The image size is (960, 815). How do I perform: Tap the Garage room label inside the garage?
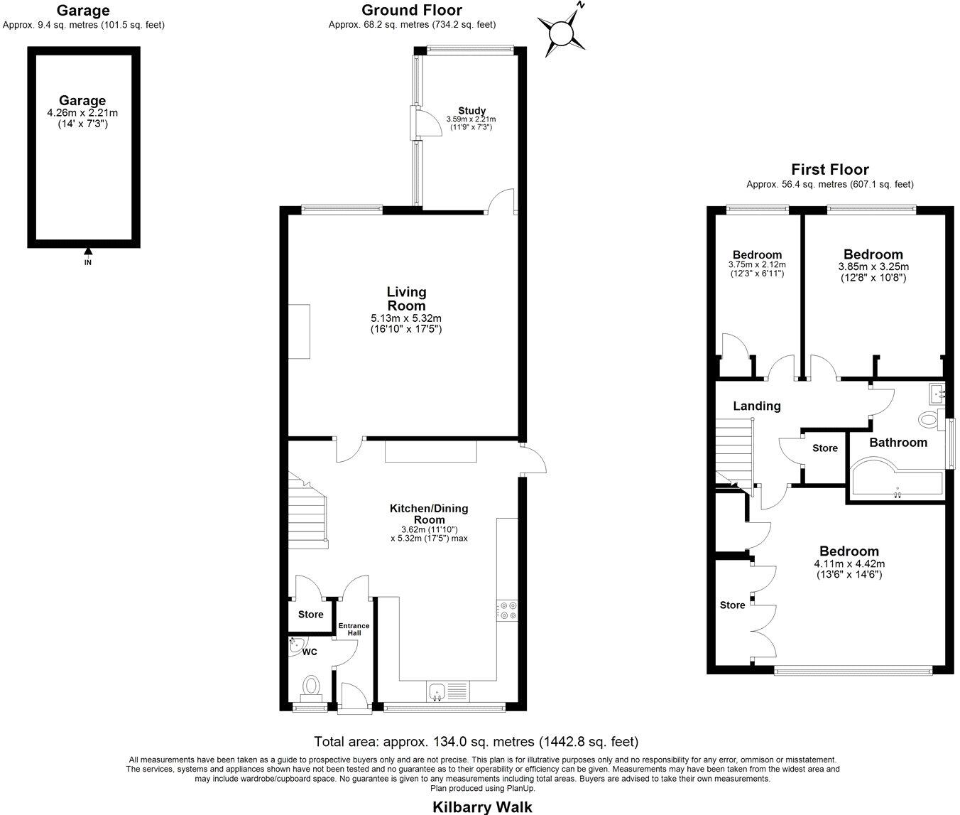tap(82, 101)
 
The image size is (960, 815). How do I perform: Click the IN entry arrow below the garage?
tap(88, 252)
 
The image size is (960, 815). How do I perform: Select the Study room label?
tap(471, 110)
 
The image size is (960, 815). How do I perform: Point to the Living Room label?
tap(406, 298)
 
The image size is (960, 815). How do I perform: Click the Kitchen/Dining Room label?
tap(429, 514)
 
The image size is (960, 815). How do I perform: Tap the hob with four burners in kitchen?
tap(508, 610)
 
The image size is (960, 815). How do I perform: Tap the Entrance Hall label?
tap(354, 629)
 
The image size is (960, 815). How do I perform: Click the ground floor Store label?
tap(310, 615)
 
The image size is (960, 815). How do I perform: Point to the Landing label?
tap(757, 406)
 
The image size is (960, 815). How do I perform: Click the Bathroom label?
tap(898, 443)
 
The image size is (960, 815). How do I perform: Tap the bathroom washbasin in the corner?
tap(937, 390)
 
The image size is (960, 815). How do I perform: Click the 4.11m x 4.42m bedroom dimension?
tap(849, 563)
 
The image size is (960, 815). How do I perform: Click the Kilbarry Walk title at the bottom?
tap(482, 806)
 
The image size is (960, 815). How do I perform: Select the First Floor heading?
tap(830, 170)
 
